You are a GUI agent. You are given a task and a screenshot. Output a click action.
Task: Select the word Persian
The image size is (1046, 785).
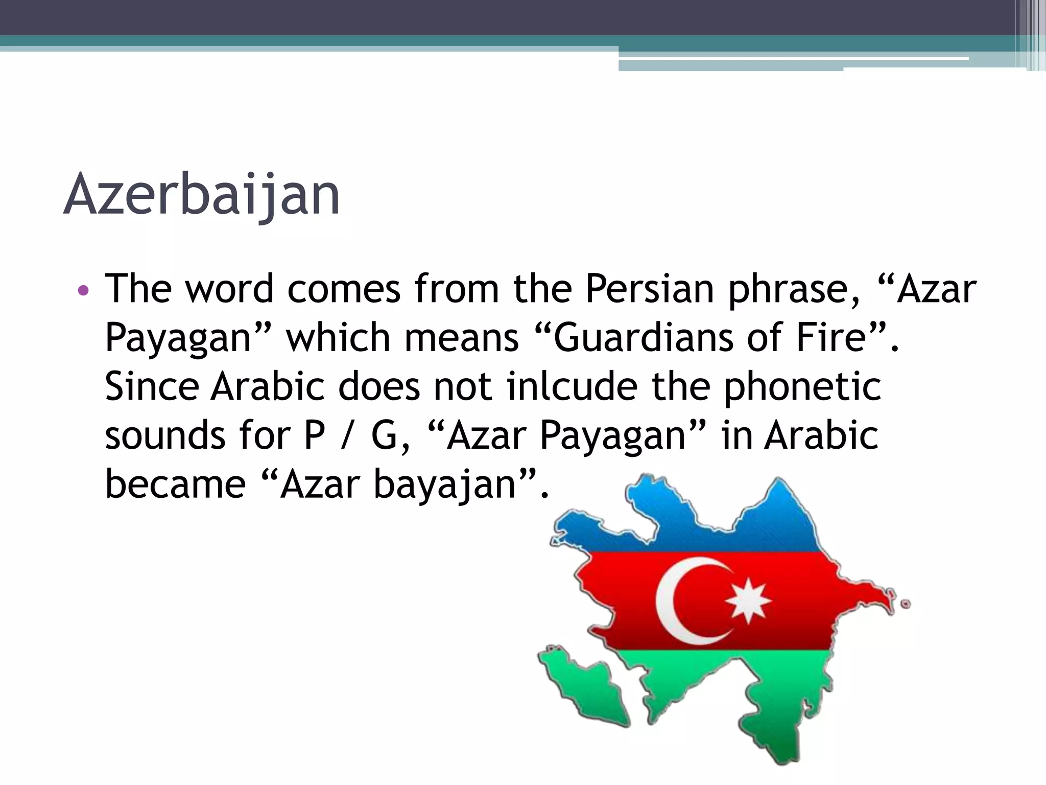point(649,289)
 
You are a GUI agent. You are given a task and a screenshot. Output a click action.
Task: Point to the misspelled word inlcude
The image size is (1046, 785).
point(572,386)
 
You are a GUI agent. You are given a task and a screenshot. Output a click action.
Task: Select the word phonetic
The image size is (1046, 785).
point(802,387)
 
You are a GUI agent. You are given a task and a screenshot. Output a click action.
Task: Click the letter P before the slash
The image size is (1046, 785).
point(315,435)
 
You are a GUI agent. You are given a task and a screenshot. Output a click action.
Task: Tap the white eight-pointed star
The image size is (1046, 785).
point(748,600)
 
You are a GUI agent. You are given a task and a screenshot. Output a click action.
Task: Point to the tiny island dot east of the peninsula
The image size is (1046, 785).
point(906,604)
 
